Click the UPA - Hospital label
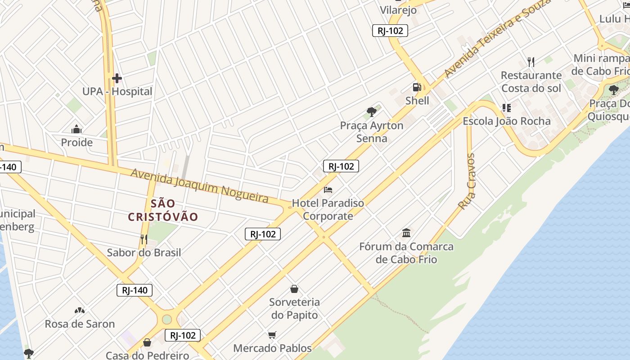coord(117,91)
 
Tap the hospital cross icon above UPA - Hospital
coord(117,79)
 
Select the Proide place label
coord(77,143)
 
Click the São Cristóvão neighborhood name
coord(163,210)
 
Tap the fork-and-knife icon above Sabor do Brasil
coord(144,239)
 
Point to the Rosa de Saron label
coord(80,324)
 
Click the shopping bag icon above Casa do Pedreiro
coord(147,343)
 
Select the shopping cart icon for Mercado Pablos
coord(272,335)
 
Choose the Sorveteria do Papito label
coord(295,309)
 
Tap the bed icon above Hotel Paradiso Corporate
coord(328,190)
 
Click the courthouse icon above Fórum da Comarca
coord(406,233)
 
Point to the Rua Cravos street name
coord(467,181)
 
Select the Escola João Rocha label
coord(507,121)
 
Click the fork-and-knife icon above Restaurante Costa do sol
coord(531,62)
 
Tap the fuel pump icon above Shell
coord(417,87)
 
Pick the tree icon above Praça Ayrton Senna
coord(371,112)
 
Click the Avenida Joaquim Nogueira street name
coord(199,185)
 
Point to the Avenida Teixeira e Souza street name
coord(497,38)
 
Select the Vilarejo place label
coord(398,10)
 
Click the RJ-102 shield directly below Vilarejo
coord(390,31)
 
